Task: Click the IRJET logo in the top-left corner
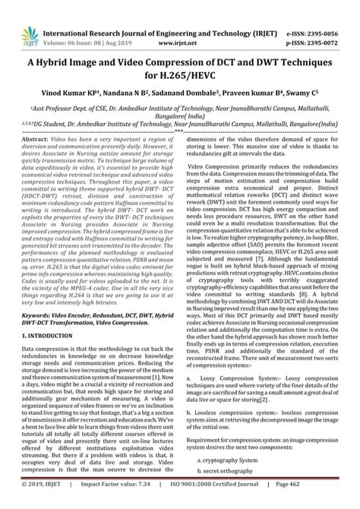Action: (22, 16)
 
